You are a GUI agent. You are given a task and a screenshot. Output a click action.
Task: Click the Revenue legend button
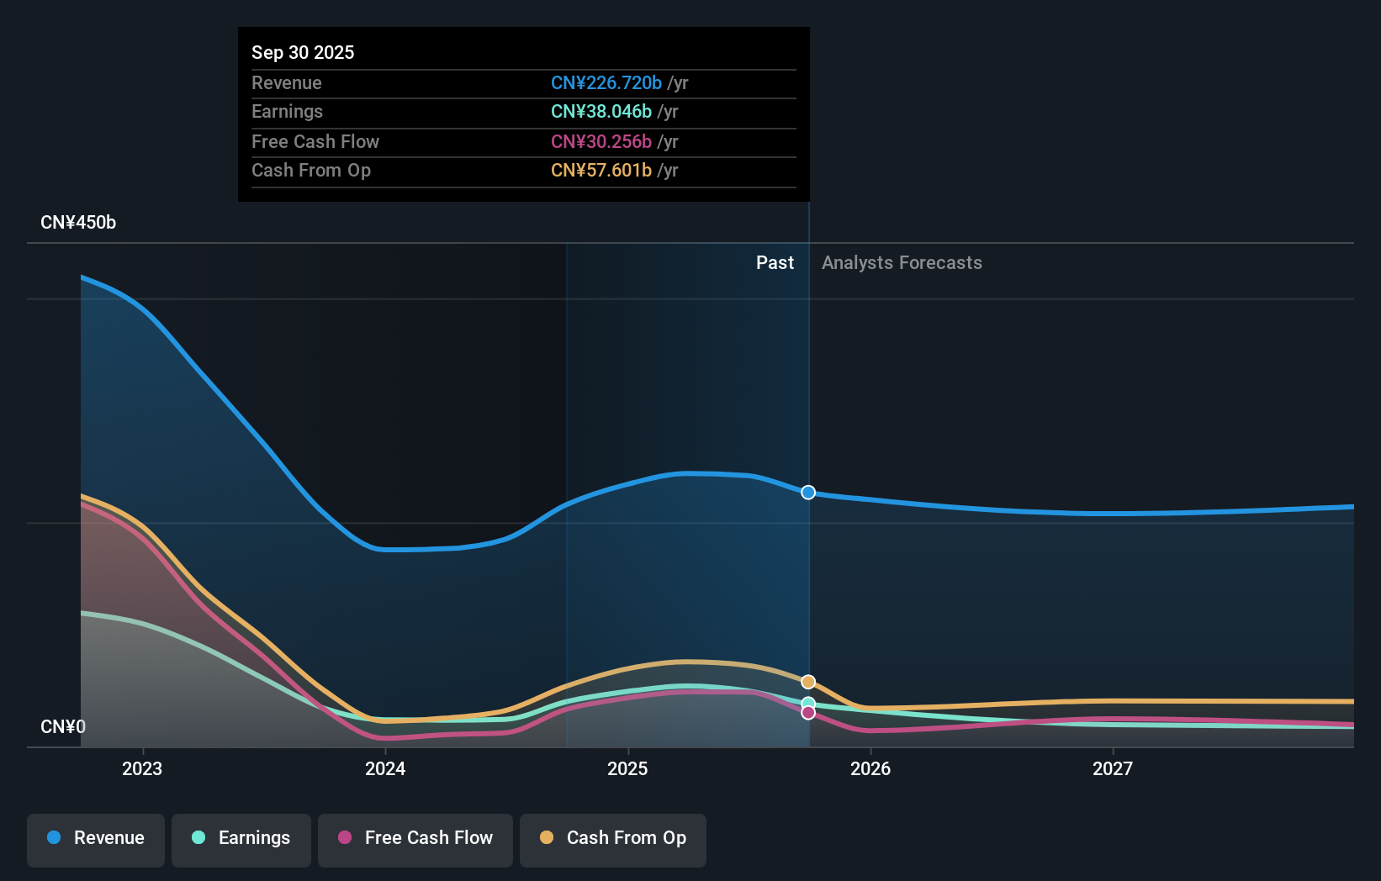[x=96, y=839]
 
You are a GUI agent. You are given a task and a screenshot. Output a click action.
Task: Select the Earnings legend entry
[x=241, y=839]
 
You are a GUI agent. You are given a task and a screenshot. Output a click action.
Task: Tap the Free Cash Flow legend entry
[x=415, y=839]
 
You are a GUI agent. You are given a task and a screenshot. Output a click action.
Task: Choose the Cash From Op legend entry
[x=613, y=839]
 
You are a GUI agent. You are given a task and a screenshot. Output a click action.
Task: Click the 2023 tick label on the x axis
[x=142, y=768]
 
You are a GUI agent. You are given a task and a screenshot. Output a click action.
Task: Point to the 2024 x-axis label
[x=385, y=768]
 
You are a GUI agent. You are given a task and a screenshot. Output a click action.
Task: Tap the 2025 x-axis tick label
[x=627, y=768]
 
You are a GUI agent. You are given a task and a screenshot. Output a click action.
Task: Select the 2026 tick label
[x=870, y=768]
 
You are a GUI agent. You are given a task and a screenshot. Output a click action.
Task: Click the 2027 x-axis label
[x=1113, y=768]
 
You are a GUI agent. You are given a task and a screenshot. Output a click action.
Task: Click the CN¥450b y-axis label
[x=78, y=223]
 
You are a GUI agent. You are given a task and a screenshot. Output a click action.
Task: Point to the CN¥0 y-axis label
[x=63, y=726]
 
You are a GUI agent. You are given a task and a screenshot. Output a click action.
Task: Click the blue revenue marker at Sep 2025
[x=808, y=493]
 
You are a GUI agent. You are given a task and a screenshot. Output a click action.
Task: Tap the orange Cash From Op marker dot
[x=808, y=682]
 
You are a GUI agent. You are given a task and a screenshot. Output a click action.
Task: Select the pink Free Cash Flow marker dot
[x=808, y=713]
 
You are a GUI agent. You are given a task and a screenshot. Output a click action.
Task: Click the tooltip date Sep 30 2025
[x=303, y=52]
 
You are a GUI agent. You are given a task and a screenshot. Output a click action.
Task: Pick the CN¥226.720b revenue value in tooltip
[x=606, y=82]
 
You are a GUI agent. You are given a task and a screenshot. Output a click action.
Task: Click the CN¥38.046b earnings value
[x=601, y=112]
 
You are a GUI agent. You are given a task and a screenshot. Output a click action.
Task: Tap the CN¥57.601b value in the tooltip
[x=601, y=171]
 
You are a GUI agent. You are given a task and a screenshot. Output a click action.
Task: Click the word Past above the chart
[x=775, y=263]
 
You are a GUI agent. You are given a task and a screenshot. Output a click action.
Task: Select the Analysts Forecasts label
[x=902, y=263]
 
